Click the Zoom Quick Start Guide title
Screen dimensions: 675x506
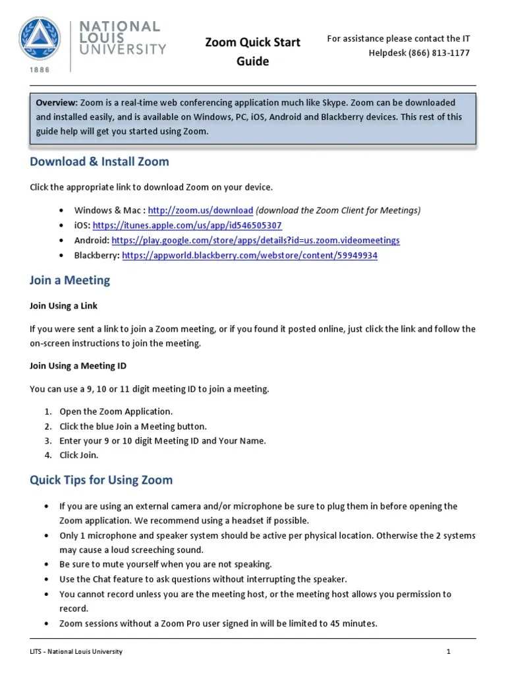[252, 51]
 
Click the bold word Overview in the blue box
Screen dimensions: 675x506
[57, 103]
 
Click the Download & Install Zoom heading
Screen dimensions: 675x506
[99, 161]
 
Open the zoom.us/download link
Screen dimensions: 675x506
[200, 210]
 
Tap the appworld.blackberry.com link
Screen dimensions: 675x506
[250, 256]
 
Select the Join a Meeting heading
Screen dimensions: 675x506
[70, 281]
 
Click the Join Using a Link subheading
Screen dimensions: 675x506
[64, 306]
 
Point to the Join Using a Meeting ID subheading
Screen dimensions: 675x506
[78, 366]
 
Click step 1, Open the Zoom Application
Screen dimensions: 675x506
[116, 411]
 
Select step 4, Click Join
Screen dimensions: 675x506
[79, 455]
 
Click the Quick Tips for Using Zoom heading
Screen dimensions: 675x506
[101, 480]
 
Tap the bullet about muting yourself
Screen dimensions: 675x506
[165, 565]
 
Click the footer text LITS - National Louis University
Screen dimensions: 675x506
[76, 652]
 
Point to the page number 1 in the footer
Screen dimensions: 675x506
[448, 652]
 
